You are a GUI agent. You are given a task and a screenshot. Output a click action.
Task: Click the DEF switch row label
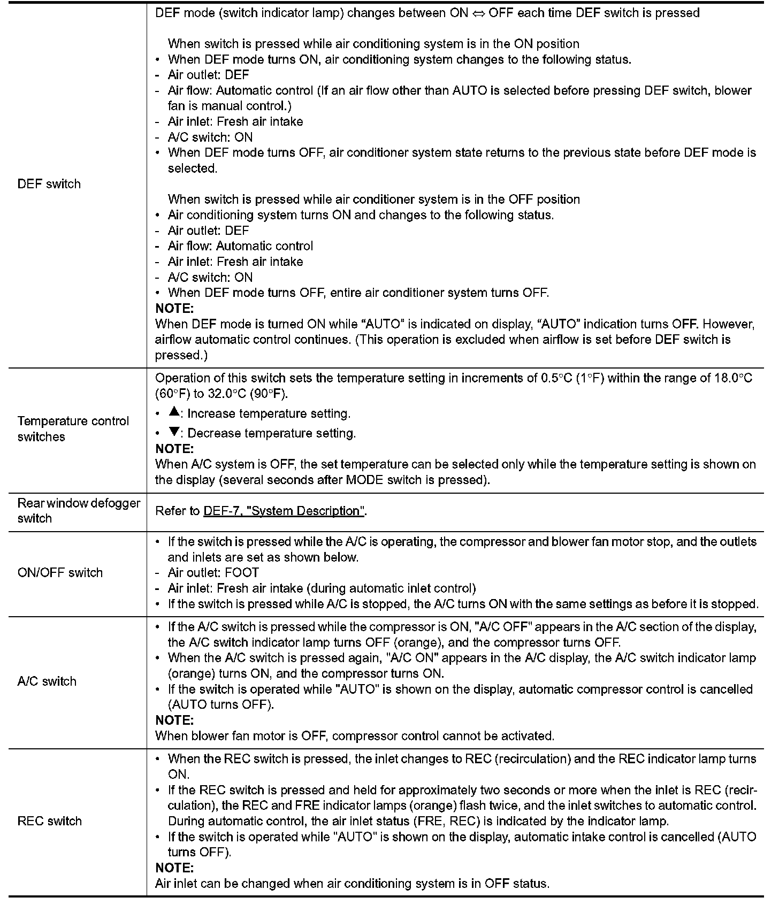(x=49, y=184)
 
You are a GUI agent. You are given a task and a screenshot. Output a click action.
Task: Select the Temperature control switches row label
(x=73, y=428)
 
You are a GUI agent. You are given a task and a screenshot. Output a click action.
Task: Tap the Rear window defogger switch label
(x=79, y=510)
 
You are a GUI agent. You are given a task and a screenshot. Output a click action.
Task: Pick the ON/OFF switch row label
(x=60, y=572)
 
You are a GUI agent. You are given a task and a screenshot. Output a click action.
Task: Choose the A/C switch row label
(x=47, y=681)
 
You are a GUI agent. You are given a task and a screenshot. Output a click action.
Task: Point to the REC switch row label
(x=49, y=821)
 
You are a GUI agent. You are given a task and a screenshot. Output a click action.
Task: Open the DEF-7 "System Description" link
(x=283, y=511)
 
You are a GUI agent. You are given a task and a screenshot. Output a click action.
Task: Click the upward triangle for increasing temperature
(x=173, y=412)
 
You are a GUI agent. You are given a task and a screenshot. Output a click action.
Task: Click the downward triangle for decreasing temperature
(x=173, y=432)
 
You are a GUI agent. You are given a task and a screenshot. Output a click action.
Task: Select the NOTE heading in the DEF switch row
(x=174, y=309)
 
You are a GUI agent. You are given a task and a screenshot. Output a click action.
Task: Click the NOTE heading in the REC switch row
(x=174, y=868)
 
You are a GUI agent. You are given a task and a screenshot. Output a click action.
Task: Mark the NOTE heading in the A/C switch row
(x=174, y=720)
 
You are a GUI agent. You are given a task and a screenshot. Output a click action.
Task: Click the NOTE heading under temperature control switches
(x=174, y=448)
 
